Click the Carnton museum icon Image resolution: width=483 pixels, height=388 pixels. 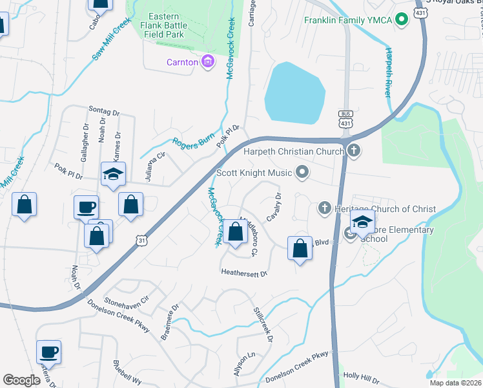[207, 62]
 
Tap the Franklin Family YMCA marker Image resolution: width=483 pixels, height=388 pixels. [402, 19]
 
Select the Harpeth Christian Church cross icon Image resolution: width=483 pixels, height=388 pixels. [353, 151]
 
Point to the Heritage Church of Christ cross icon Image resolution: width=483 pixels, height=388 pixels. [325, 208]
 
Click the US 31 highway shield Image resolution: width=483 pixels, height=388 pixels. [141, 240]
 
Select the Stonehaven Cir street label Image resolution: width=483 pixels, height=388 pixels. [127, 301]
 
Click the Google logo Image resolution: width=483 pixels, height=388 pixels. [21, 380]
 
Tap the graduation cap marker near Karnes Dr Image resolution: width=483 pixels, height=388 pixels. [112, 175]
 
